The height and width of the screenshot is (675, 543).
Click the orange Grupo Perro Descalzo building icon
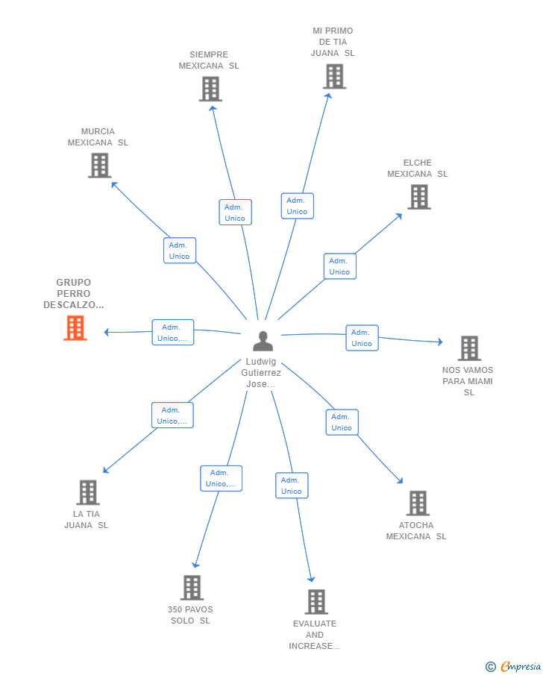pyautogui.click(x=75, y=328)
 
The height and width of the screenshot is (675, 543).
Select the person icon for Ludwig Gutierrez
pyautogui.click(x=263, y=341)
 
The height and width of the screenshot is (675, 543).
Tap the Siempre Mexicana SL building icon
pyautogui.click(x=210, y=89)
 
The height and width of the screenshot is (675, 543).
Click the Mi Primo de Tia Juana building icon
pyautogui.click(x=335, y=77)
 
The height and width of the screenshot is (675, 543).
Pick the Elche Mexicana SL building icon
pyautogui.click(x=419, y=197)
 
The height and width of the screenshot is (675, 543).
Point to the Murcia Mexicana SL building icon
pyautogui.click(x=99, y=166)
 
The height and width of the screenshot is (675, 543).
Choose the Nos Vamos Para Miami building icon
pyautogui.click(x=469, y=348)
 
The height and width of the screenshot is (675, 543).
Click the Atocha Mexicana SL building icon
pyautogui.click(x=418, y=503)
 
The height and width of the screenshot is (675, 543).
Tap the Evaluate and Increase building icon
pyautogui.click(x=316, y=602)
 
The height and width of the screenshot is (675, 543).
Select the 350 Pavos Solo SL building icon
pyautogui.click(x=192, y=588)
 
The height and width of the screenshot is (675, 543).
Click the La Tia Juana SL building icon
pyautogui.click(x=88, y=492)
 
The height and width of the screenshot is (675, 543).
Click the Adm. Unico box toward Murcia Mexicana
pyautogui.click(x=180, y=251)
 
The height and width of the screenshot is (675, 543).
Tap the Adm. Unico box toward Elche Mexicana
pyautogui.click(x=340, y=266)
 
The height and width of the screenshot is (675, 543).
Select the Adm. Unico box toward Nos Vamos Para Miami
pyautogui.click(x=362, y=338)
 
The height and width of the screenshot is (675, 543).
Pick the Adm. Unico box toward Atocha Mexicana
pyautogui.click(x=342, y=422)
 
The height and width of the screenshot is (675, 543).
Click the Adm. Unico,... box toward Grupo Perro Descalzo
pyautogui.click(x=173, y=333)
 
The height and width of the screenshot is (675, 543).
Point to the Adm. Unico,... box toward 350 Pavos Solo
pyautogui.click(x=221, y=478)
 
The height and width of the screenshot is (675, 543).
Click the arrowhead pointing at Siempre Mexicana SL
pyautogui.click(x=213, y=108)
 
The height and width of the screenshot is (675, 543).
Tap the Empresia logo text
pyautogui.click(x=520, y=666)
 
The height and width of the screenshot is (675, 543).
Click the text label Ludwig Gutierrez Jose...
pyautogui.click(x=261, y=373)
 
